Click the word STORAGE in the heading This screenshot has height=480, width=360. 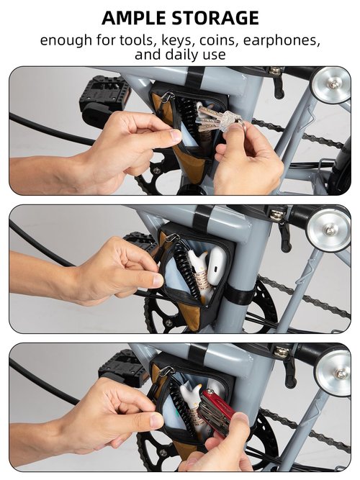(x=215, y=18)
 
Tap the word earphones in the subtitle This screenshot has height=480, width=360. (x=282, y=41)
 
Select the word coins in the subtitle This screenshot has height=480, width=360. (x=218, y=40)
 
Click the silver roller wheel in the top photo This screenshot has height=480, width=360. (x=331, y=83)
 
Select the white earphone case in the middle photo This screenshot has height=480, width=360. (x=217, y=266)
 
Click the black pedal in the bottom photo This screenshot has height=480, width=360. (x=123, y=367)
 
